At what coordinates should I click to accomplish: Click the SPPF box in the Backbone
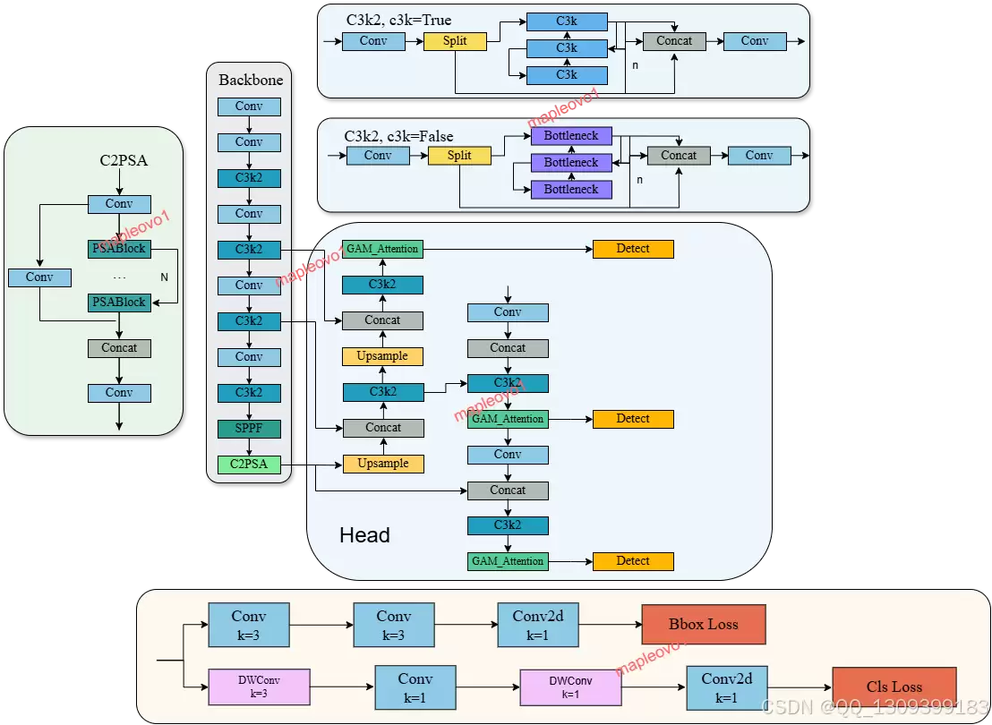click(249, 429)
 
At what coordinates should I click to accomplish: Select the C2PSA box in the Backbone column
click(249, 465)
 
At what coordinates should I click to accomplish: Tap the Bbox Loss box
click(704, 625)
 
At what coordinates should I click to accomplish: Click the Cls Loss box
click(894, 687)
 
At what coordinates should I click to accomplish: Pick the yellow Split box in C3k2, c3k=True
click(455, 41)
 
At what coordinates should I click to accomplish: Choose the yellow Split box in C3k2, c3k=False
click(459, 156)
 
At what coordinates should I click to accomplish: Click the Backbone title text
click(251, 80)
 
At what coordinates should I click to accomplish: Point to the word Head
click(364, 535)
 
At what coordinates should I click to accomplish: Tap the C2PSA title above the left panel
click(124, 160)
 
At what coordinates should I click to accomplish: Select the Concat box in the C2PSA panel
click(120, 348)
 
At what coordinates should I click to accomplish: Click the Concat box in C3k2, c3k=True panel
click(674, 41)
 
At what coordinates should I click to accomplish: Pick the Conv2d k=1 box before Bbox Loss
click(538, 625)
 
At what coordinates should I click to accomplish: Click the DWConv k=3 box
click(259, 687)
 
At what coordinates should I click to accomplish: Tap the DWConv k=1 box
click(570, 687)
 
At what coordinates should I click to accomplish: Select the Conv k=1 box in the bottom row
click(415, 687)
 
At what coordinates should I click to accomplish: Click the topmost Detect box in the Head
click(633, 249)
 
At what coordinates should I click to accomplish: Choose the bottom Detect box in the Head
click(633, 561)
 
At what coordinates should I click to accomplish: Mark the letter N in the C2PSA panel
click(165, 277)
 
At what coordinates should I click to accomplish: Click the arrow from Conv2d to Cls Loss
click(800, 687)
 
